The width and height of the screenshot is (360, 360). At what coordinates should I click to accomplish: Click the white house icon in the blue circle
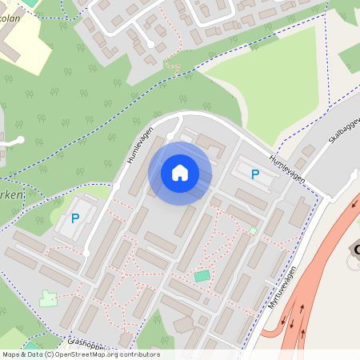pos(180,173)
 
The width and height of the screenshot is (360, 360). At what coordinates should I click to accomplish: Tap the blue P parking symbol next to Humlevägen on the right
pos(255,174)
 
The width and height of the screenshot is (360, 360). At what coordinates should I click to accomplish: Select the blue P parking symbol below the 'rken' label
pos(76,218)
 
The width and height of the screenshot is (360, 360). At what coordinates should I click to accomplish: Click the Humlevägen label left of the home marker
pos(139,149)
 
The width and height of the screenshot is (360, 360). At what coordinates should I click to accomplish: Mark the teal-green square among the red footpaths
pos(202,276)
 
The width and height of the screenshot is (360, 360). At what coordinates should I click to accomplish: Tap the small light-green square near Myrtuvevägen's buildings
pos(253,231)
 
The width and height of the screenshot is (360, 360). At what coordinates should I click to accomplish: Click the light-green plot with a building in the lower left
pos(49,298)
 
